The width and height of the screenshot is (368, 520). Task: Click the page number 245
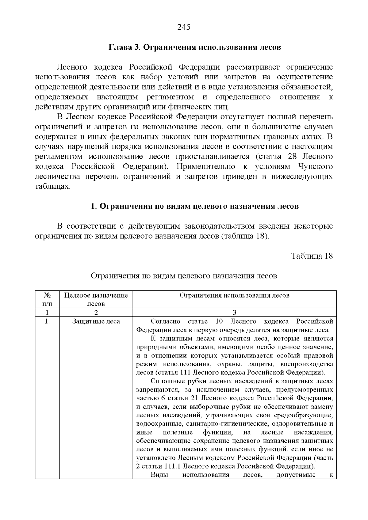click(184, 27)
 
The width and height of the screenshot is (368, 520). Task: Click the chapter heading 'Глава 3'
click(125, 47)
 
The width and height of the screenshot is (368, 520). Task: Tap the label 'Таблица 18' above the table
click(312, 256)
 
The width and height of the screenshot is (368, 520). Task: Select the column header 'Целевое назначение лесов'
click(96, 299)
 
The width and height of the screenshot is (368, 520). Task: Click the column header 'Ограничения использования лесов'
click(234, 295)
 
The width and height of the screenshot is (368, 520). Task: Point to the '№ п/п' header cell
click(47, 299)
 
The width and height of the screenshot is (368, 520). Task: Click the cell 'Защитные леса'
click(96, 321)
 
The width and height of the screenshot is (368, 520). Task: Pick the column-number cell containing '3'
click(234, 313)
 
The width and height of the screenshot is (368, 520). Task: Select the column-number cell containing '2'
click(96, 313)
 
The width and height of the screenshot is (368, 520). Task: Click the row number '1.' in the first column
click(47, 321)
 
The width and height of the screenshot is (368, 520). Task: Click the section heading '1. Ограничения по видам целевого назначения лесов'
click(195, 206)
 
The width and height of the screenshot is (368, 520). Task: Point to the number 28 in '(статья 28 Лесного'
click(293, 157)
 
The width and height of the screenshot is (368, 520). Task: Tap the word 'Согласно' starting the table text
click(166, 321)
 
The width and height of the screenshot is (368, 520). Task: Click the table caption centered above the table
click(184, 276)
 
